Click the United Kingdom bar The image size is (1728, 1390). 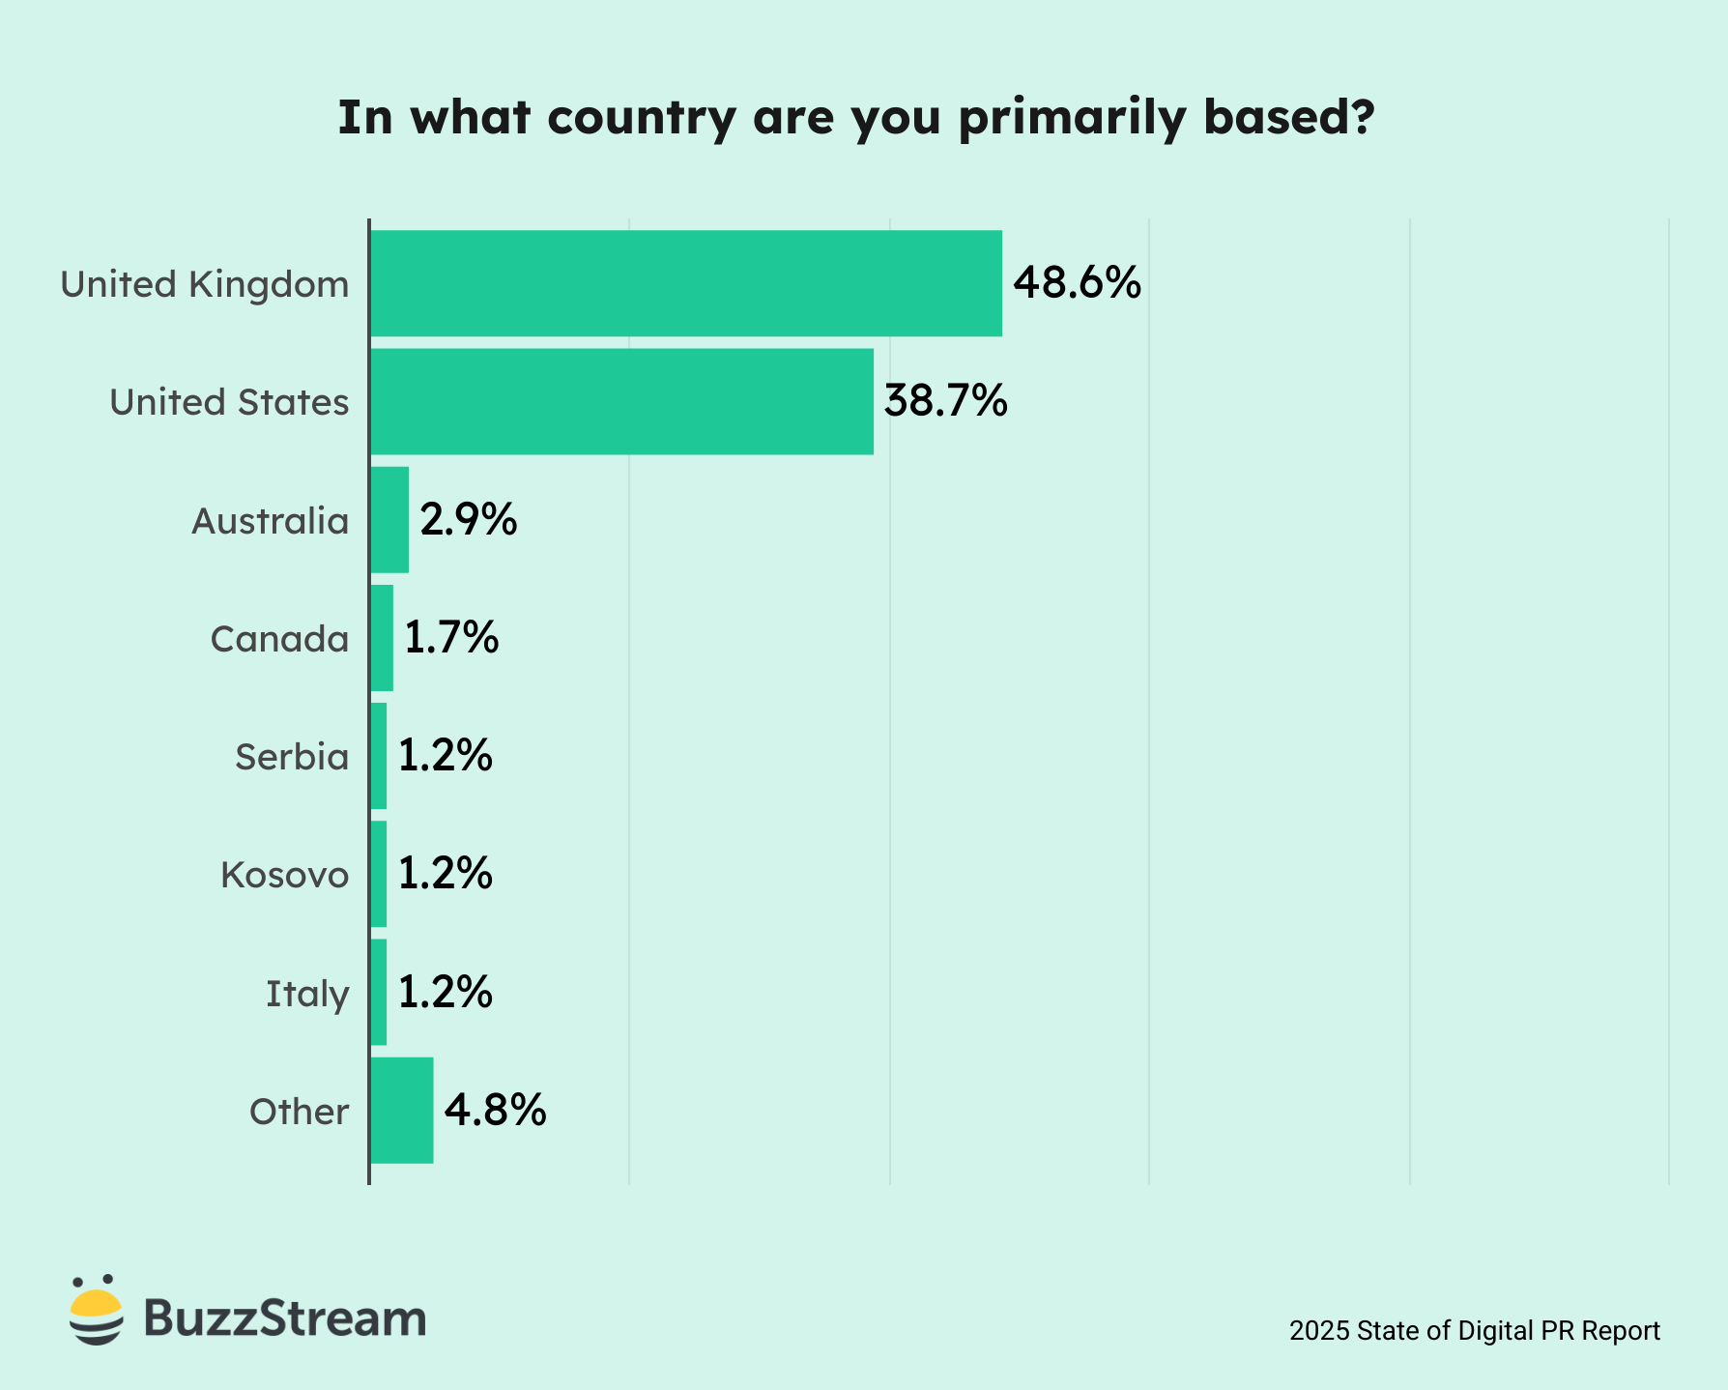(686, 283)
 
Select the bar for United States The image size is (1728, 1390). (621, 401)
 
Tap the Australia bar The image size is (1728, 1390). (389, 520)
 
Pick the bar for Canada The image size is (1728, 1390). (382, 638)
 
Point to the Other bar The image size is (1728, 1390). (402, 1111)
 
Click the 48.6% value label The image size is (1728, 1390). (1077, 283)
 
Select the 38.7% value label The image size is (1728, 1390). (945, 401)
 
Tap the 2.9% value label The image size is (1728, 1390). (469, 520)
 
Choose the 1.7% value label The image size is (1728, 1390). (451, 638)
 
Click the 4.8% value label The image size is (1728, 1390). (495, 1111)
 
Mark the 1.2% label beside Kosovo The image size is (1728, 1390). (446, 874)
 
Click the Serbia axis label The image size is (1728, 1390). (292, 757)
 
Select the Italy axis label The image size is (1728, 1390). (307, 994)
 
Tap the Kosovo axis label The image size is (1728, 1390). (284, 875)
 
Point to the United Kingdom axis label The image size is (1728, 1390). (204, 284)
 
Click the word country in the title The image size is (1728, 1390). (642, 118)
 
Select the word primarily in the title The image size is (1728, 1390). (1072, 118)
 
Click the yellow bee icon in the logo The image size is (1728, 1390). (97, 1311)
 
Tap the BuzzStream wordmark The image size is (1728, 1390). (285, 1318)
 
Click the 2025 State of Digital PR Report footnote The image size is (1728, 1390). (1474, 1331)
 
